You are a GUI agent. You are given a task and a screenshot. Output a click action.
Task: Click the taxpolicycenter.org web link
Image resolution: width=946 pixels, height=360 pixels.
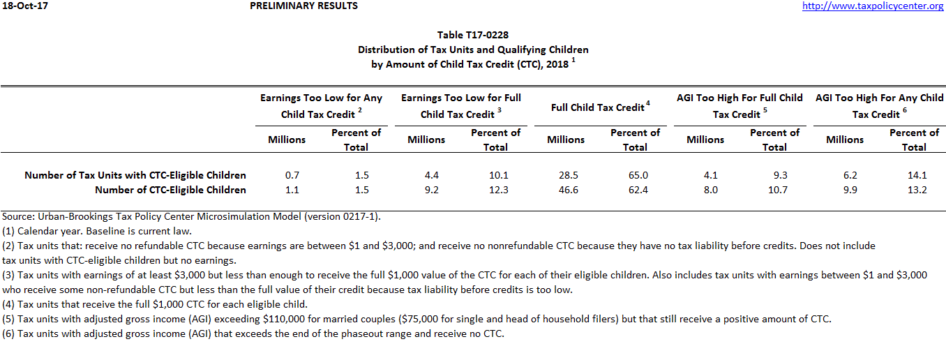(873, 6)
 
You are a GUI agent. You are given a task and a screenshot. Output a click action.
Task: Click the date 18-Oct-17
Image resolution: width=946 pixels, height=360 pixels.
(24, 6)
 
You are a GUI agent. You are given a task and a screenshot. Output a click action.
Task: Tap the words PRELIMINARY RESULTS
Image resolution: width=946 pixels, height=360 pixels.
(303, 6)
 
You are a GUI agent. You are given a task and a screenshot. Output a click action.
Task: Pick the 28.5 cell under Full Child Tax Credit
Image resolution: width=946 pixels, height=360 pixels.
(566, 175)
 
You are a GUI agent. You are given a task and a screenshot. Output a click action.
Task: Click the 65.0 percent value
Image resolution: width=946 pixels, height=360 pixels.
(635, 175)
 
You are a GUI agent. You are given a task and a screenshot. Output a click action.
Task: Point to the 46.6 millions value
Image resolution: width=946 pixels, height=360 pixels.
(566, 190)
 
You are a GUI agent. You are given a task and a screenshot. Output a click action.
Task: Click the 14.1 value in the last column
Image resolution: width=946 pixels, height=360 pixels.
(914, 175)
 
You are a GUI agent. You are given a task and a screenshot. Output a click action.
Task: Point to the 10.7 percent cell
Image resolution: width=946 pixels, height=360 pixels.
(774, 190)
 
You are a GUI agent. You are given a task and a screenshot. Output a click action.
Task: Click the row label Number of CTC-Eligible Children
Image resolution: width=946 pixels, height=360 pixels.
(170, 190)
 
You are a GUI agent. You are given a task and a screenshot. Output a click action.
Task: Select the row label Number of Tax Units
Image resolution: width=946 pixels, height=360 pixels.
(135, 175)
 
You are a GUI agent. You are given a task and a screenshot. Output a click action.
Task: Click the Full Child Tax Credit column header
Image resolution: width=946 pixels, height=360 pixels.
(600, 107)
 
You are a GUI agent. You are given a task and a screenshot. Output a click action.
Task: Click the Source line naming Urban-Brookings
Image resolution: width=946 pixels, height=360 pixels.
(191, 217)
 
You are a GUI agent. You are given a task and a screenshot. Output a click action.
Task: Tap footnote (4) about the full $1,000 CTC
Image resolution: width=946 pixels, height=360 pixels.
(154, 304)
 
